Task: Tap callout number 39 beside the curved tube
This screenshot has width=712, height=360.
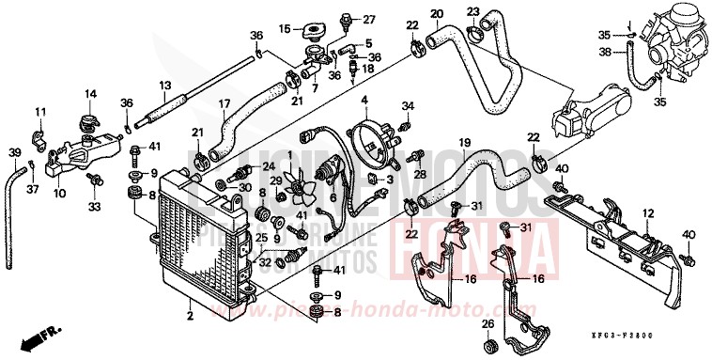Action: coord(14,152)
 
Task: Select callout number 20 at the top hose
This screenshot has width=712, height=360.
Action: coord(436,13)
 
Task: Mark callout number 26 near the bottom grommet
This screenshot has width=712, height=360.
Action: coord(488,324)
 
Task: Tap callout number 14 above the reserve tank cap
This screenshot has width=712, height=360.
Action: coord(91,93)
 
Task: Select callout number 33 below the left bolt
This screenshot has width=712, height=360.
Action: coord(94,205)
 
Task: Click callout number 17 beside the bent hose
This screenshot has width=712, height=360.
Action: coord(224,103)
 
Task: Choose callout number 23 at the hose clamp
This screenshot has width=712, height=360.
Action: coord(472,12)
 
